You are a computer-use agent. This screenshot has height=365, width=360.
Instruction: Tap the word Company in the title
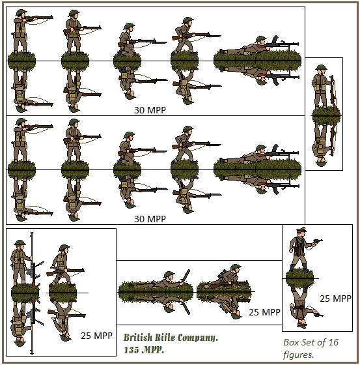(x=197, y=338)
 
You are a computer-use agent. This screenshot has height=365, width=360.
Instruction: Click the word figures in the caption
(x=299, y=355)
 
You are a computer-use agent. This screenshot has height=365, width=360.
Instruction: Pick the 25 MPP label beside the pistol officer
(x=335, y=299)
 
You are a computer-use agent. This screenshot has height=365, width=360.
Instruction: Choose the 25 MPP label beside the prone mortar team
(x=264, y=312)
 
